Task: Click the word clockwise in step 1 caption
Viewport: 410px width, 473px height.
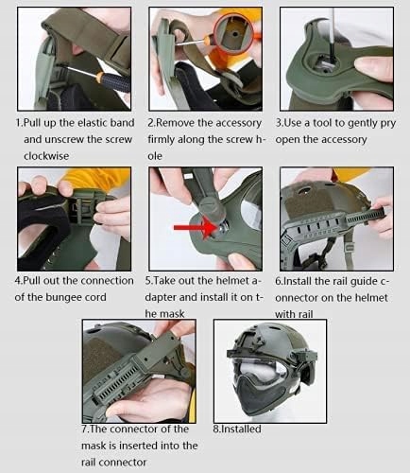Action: pyautogui.click(x=46, y=156)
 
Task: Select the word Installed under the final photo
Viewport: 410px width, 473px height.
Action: pyautogui.click(x=240, y=429)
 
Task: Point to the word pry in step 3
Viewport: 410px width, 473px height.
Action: pyautogui.click(x=387, y=124)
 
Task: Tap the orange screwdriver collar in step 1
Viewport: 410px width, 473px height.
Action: pyautogui.click(x=100, y=77)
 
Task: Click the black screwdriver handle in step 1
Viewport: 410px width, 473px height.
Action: pyautogui.click(x=117, y=82)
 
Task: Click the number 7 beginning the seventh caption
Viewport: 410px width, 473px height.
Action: pyautogui.click(x=84, y=429)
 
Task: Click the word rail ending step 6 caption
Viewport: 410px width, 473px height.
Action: pyautogui.click(x=305, y=314)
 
